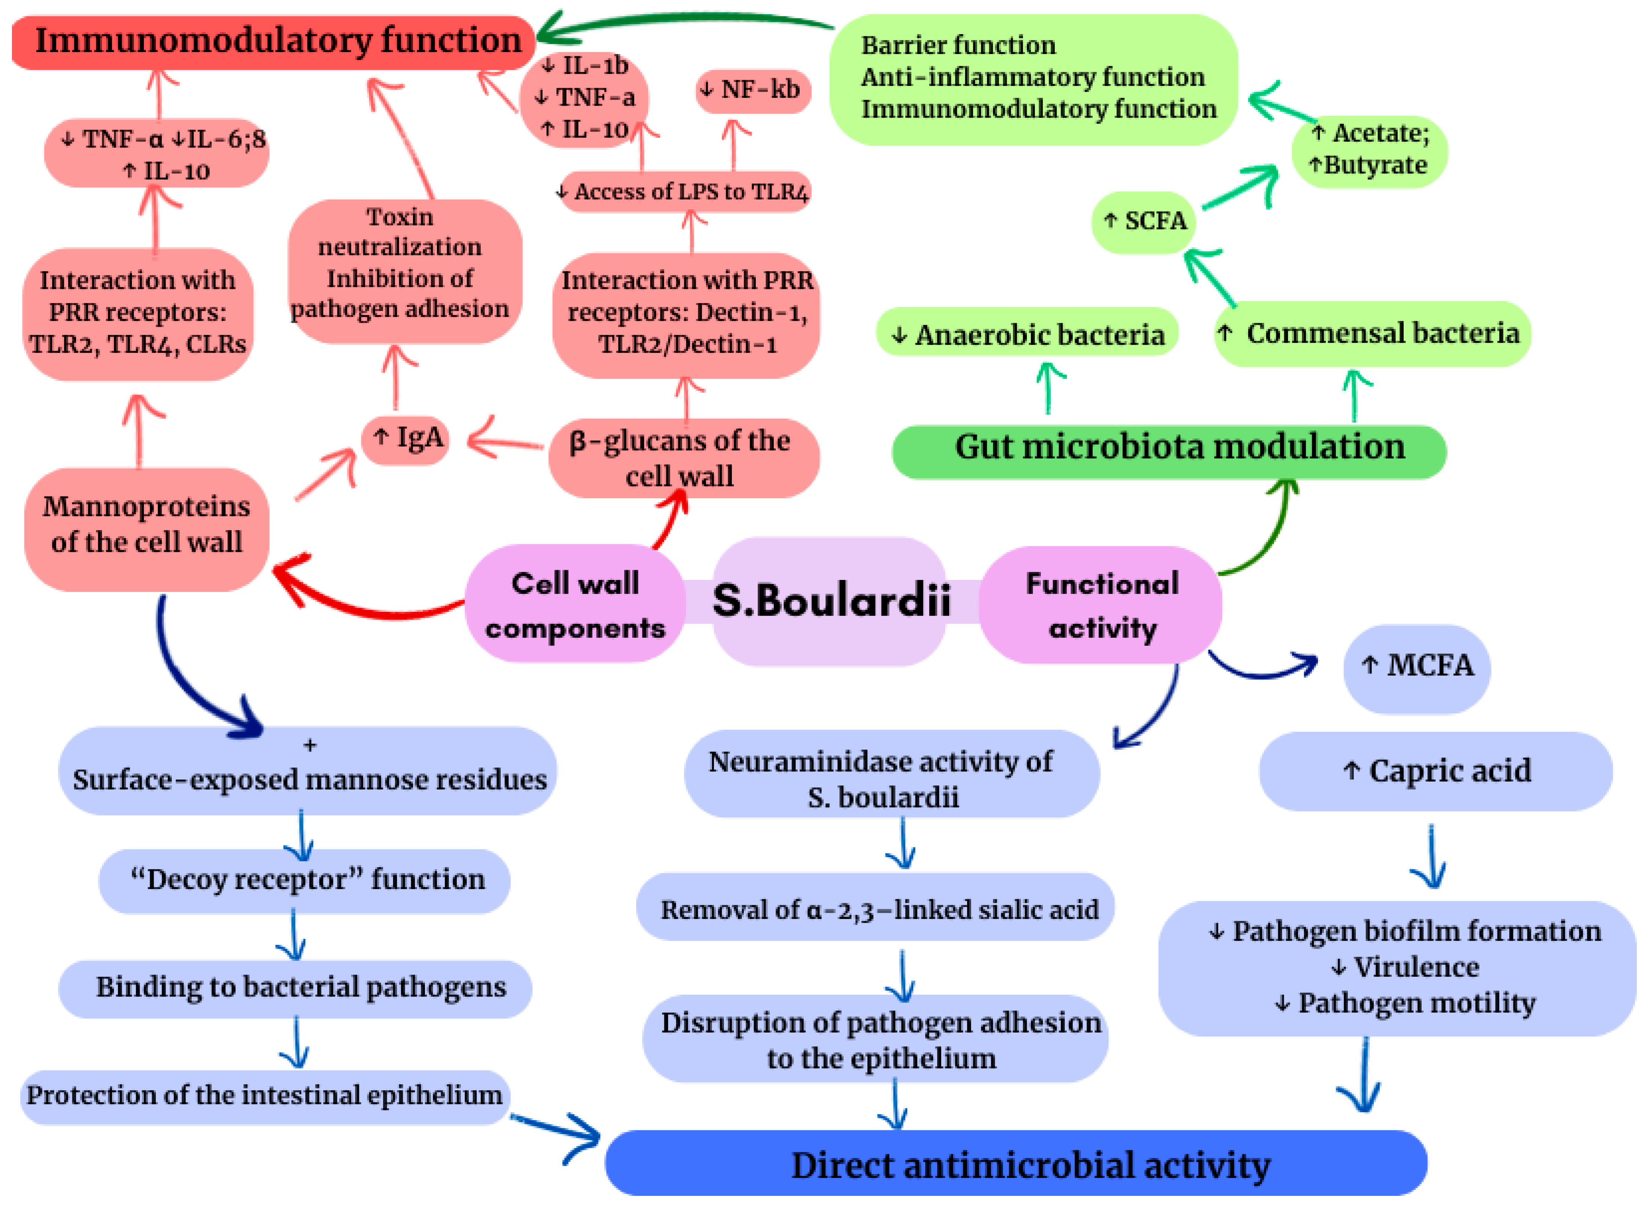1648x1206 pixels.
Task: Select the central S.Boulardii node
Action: tap(830, 602)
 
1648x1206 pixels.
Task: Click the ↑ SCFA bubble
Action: tap(1144, 222)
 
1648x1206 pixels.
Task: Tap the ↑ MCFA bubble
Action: tap(1416, 669)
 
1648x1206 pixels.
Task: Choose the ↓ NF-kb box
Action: tap(753, 91)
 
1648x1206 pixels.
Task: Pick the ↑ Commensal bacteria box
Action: tap(1372, 333)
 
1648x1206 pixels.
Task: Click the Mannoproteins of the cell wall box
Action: tap(147, 529)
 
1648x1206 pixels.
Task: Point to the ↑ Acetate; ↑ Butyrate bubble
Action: tap(1369, 152)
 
